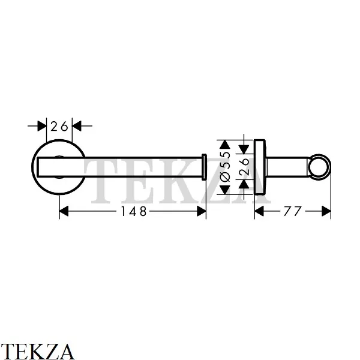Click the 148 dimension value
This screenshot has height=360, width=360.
(x=134, y=211)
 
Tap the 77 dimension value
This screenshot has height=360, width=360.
(x=292, y=211)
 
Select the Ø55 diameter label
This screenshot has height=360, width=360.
(x=225, y=166)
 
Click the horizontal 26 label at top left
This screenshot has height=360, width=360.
(x=59, y=126)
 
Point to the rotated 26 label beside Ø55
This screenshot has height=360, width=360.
(x=244, y=166)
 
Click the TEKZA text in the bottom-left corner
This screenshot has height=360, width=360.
(x=37, y=351)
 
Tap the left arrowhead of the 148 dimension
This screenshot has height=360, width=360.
(x=64, y=211)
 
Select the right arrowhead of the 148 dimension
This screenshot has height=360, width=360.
(x=202, y=211)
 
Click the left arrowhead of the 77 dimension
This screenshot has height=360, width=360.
(x=259, y=211)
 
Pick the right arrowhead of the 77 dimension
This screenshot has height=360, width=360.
(x=326, y=211)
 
